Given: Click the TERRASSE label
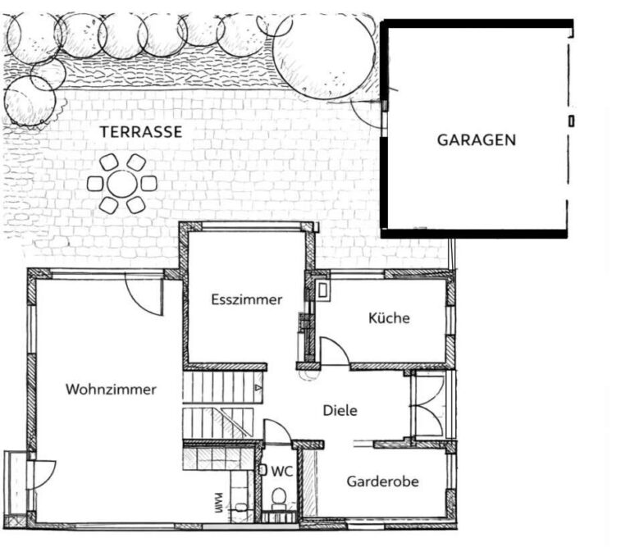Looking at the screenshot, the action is [141, 132].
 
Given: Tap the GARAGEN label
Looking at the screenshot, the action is [477, 139].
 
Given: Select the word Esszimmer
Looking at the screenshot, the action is [247, 299].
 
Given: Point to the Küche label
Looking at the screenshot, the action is [389, 317].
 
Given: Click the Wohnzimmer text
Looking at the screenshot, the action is [111, 390].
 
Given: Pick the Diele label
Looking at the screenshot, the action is [340, 411].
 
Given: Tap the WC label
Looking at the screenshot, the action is [282, 472].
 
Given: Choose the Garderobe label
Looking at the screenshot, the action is [382, 481].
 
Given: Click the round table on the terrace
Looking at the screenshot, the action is [122, 184].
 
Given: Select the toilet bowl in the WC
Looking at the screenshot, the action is [279, 496].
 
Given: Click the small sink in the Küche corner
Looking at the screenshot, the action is [322, 290].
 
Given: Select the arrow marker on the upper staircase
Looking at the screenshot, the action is [258, 388].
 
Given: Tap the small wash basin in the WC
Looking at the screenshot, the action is [263, 470].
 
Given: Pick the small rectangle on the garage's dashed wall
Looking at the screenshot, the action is [571, 121].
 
